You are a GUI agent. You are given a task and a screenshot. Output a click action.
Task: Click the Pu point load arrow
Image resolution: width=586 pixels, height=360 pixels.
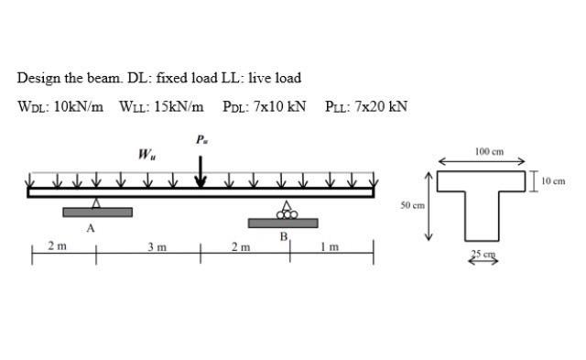[201, 170]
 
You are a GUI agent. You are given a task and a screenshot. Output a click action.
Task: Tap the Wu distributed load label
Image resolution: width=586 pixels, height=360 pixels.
[145, 154]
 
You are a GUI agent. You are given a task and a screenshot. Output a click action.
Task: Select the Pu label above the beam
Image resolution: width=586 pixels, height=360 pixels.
[201, 139]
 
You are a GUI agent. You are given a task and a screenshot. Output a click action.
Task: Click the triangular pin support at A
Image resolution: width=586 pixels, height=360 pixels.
[95, 202]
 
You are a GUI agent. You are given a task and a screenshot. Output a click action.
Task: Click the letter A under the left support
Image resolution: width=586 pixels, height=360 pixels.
[90, 229]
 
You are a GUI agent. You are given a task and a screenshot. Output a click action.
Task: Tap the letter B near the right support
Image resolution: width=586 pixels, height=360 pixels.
[284, 236]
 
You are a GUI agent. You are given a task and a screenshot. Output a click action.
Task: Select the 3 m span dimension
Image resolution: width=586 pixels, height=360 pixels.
[157, 246]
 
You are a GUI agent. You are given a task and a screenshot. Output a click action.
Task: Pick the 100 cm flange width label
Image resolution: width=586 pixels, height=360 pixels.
[490, 151]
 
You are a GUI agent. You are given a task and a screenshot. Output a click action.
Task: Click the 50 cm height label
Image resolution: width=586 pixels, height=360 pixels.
[411, 205]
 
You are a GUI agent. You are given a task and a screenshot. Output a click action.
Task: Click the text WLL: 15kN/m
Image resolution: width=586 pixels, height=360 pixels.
[161, 106]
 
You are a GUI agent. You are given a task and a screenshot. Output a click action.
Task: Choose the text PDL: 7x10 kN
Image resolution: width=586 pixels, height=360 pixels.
[265, 106]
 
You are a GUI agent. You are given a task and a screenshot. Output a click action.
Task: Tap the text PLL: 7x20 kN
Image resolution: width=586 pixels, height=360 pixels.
[365, 106]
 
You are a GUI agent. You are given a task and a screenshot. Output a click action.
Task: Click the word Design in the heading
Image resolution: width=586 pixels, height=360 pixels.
[35, 78]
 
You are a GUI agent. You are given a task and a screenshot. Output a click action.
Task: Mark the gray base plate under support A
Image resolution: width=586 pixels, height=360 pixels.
[97, 213]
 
